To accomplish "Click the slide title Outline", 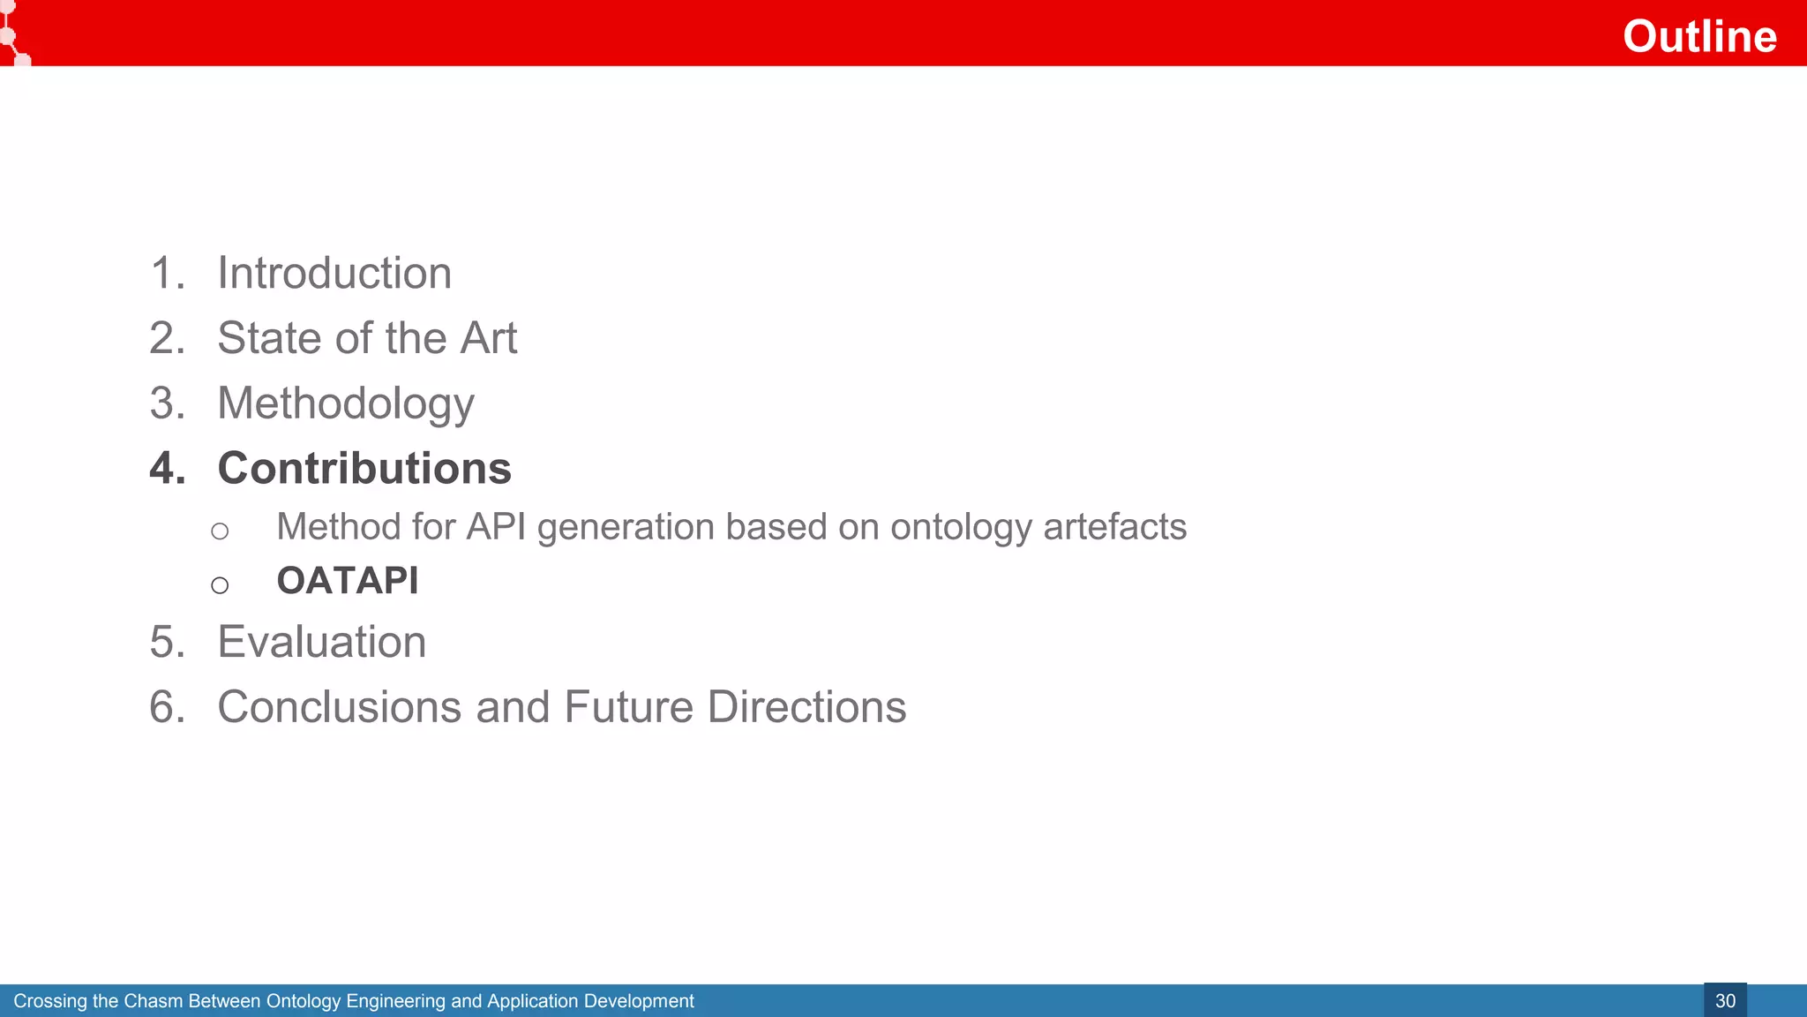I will (1698, 36).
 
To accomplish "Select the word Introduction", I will (334, 273).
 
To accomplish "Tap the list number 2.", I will (166, 338).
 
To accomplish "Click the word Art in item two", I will (489, 338).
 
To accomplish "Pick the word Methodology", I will (346, 404).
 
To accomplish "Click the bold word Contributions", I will (364, 468).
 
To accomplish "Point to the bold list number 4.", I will (166, 468).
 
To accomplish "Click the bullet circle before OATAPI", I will (220, 585).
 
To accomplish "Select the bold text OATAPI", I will (348, 581).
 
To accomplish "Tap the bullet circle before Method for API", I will (220, 531).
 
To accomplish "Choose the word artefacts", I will (1114, 527).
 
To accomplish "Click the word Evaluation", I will (322, 642).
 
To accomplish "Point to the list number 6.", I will (166, 707).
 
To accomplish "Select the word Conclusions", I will (340, 707).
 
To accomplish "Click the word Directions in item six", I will (806, 707).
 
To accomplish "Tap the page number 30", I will (1725, 1001).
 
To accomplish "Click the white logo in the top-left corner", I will (12, 34).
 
